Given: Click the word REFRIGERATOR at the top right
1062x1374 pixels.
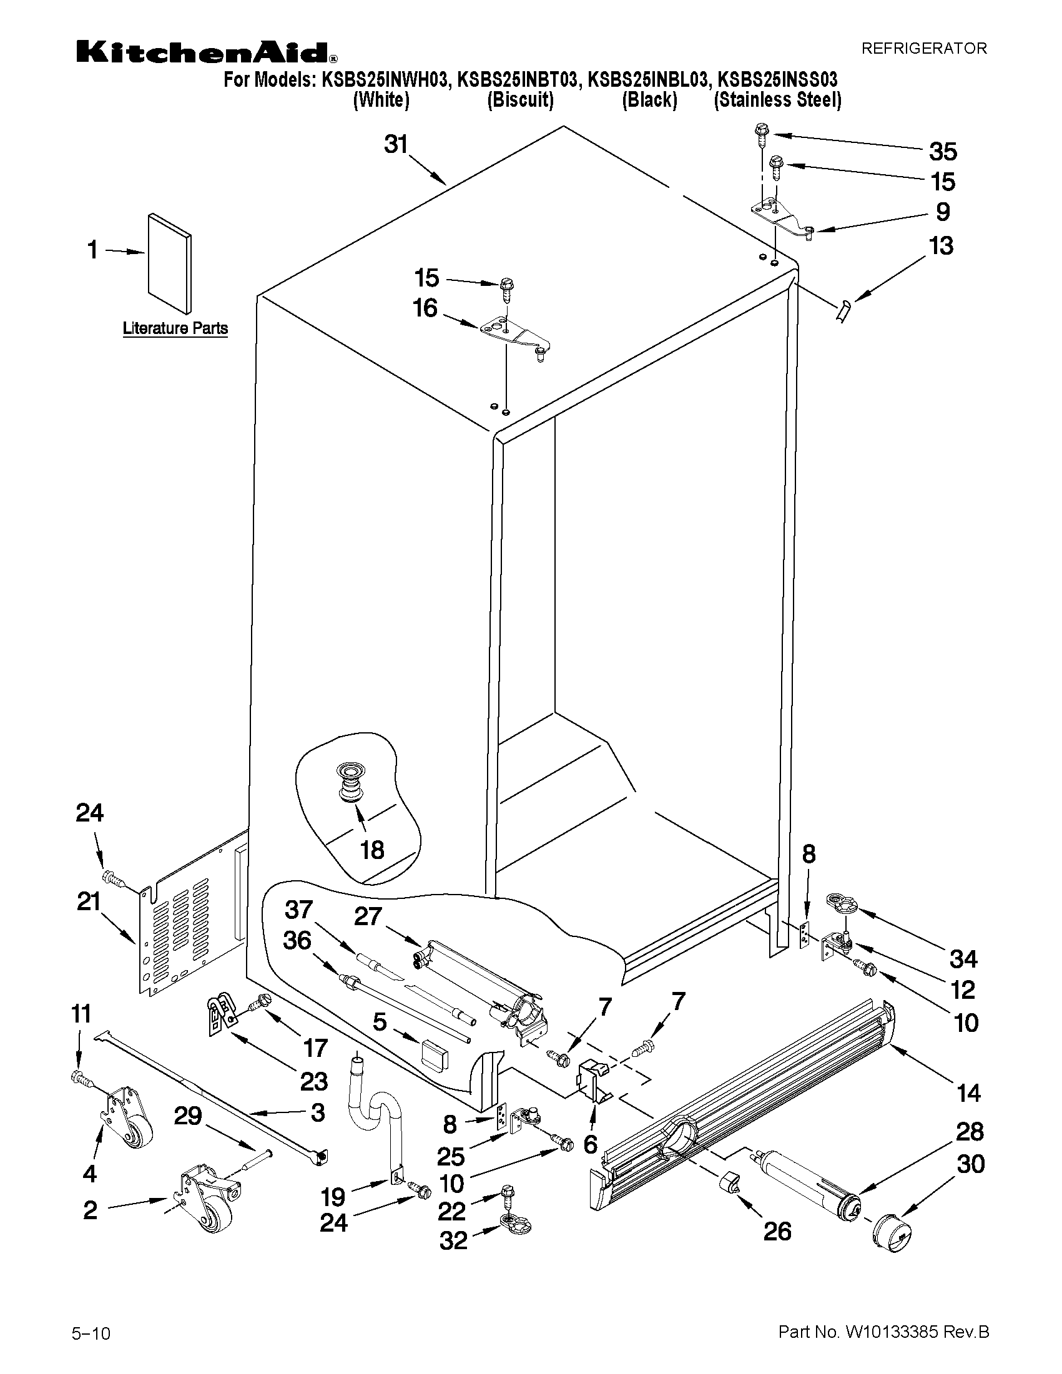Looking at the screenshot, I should (923, 49).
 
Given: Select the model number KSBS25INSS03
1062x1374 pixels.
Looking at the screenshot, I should (778, 81).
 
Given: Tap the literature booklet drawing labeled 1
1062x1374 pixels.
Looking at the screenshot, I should (170, 263).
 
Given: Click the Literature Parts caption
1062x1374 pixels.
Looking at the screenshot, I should (175, 328).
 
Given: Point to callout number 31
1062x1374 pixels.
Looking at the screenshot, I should (396, 145).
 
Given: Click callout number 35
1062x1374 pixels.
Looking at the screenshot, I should (943, 152).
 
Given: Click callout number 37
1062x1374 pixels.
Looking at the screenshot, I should (299, 910).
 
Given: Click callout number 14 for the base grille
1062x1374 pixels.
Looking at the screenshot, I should (968, 1093).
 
